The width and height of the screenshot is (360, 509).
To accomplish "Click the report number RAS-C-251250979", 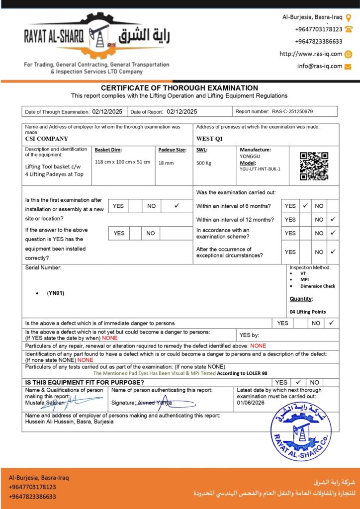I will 292,112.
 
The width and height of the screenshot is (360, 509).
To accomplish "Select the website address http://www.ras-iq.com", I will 311,54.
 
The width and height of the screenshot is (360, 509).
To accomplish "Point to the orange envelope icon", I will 348,66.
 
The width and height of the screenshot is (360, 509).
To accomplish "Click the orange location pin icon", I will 348,18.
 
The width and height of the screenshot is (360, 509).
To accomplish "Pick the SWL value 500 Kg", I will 204,163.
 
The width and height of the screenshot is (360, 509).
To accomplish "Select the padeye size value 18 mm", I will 166,163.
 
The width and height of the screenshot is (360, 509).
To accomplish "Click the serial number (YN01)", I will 56,293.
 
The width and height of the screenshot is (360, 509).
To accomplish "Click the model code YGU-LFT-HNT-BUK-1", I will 260,169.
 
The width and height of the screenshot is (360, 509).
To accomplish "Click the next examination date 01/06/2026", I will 251,403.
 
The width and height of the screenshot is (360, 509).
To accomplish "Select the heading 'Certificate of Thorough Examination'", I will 180,88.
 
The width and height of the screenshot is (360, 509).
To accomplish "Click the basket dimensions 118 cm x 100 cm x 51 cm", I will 122,162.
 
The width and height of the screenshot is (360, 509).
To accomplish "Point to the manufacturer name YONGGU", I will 250,155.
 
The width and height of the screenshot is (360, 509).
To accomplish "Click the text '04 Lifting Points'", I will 308,312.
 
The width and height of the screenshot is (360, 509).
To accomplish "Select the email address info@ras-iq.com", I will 320,66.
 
